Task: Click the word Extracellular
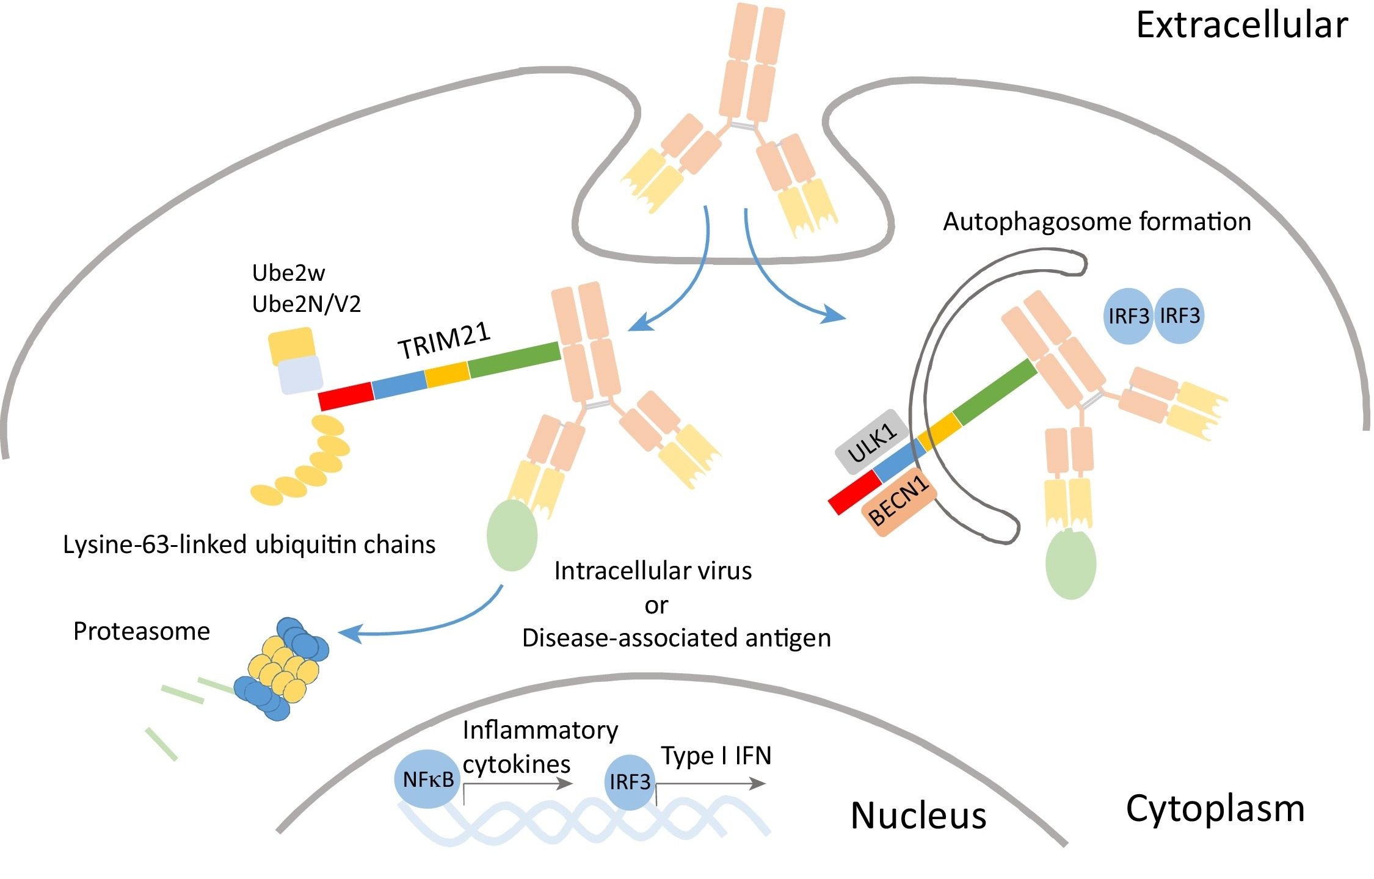pos(1241,26)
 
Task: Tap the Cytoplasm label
pos(1215,809)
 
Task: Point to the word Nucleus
pos(918,816)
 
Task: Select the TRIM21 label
pos(444,341)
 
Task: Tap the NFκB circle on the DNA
pos(428,780)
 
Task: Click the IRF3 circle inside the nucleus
pos(630,782)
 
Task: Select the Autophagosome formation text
pos(1097,222)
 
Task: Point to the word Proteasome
pos(141,631)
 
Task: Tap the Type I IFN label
pos(716,756)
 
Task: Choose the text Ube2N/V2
pos(307,304)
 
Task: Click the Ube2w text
pos(288,273)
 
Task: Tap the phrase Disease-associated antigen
pos(676,638)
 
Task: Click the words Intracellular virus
pos(653,571)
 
